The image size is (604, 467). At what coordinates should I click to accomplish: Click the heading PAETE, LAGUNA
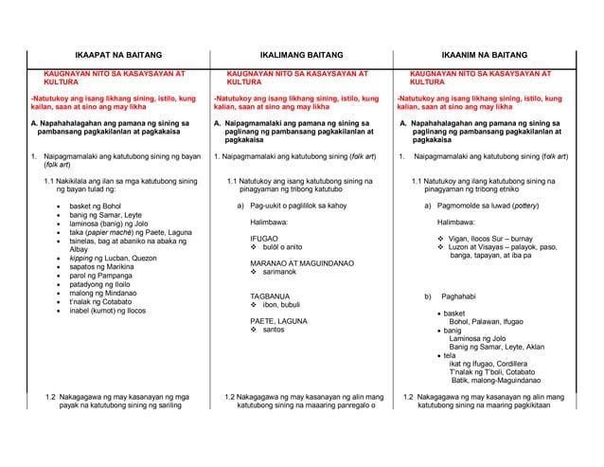(276, 321)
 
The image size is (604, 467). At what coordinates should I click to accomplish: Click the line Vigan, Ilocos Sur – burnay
(502, 239)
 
